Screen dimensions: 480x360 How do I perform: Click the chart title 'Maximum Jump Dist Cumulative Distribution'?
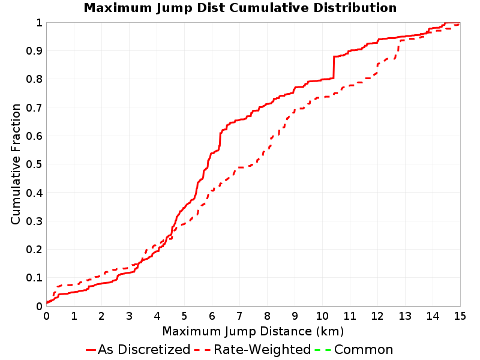(x=240, y=8)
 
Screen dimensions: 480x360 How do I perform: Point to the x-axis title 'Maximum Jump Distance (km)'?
(x=253, y=331)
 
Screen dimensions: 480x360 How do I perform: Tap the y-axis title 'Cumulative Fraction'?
(x=16, y=164)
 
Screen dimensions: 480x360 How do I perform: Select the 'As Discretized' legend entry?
(x=138, y=349)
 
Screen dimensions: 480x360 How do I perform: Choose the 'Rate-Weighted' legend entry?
(x=253, y=349)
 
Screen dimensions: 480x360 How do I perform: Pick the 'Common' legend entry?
(x=354, y=349)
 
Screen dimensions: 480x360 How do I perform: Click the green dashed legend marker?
(x=323, y=350)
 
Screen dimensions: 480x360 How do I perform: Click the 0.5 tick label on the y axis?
(x=34, y=164)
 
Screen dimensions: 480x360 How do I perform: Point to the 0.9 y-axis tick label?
(x=34, y=51)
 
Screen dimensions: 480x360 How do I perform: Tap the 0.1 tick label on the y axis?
(x=34, y=278)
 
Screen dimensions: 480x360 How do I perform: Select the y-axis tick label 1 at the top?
(x=39, y=23)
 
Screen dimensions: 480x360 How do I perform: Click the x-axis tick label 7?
(x=239, y=316)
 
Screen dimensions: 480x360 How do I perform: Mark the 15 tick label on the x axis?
(x=460, y=316)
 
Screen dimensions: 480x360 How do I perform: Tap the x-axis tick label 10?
(x=322, y=316)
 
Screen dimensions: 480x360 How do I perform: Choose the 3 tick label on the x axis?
(x=129, y=316)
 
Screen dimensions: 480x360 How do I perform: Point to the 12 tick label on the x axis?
(x=377, y=316)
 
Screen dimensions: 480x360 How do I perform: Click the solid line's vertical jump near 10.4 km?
(x=334, y=67)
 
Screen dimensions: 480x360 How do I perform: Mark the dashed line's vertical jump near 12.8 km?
(x=398, y=49)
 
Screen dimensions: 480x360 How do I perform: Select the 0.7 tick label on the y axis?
(x=34, y=108)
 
